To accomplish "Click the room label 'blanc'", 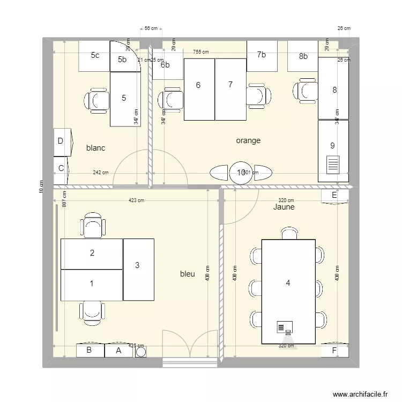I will point(95,148).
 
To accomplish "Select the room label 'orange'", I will point(248,140).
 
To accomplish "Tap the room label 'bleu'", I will point(187,274).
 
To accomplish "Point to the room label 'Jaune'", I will point(284,206).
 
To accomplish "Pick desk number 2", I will point(92,254).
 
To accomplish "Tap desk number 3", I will point(138,265).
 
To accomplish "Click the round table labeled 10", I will point(240,172).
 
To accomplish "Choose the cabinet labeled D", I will point(61,142).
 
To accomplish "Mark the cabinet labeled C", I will point(61,168).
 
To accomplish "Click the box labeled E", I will point(334,196).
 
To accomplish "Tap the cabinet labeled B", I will point(90,351).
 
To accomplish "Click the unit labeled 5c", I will point(94,55).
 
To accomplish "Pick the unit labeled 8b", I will point(303,56).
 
